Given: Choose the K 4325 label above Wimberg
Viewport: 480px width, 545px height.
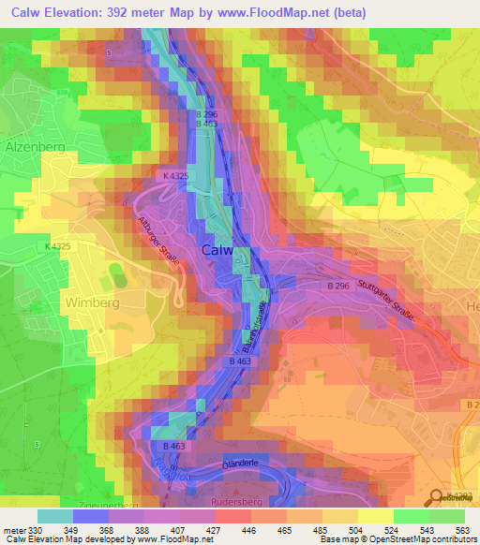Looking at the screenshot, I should point(57,246).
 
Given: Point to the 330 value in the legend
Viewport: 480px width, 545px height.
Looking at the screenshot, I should point(32,531).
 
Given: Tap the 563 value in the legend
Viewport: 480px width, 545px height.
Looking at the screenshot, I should point(461,531).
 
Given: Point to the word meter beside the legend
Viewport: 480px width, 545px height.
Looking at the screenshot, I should point(13,531).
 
